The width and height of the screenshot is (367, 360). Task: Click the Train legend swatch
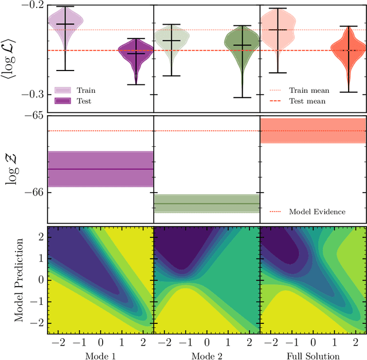click(x=63, y=90)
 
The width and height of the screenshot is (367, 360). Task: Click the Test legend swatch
click(x=63, y=101)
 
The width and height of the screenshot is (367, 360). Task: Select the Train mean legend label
click(x=307, y=90)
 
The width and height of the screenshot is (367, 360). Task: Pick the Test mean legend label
click(x=307, y=101)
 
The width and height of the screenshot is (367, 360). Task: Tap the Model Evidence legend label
click(x=317, y=212)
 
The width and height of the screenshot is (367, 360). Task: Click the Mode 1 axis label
click(x=100, y=355)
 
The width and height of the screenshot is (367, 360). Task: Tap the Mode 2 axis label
click(x=207, y=355)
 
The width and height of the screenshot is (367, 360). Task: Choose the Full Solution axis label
click(x=313, y=355)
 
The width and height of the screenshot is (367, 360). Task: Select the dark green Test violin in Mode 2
click(x=242, y=52)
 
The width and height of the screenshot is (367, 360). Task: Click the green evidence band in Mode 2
click(x=207, y=204)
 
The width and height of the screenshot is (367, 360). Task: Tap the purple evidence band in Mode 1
click(x=100, y=169)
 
